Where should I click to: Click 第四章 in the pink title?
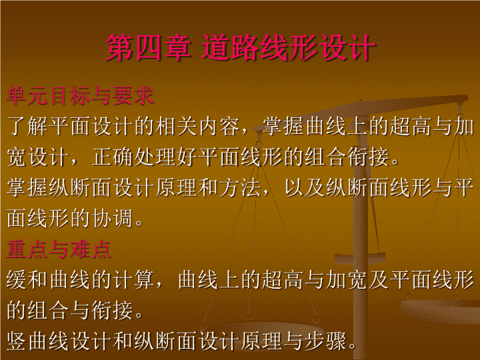[148, 47]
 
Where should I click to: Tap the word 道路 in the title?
[231, 47]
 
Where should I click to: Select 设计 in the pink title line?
[347, 47]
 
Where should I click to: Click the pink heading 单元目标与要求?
[80, 96]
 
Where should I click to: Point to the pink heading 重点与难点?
[59, 249]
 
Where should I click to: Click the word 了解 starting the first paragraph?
[27, 126]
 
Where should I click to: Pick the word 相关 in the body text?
[176, 126]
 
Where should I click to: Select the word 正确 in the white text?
[112, 157]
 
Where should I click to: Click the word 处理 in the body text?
[155, 157]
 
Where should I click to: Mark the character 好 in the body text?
[187, 157]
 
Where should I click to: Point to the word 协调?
[112, 218]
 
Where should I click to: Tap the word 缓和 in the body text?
[27, 279]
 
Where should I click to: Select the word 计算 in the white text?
[133, 279]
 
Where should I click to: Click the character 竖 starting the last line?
[17, 341]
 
